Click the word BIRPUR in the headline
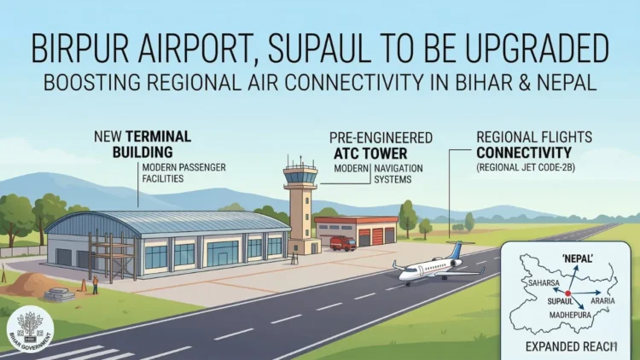coord(82,48)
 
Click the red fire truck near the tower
coord(342,244)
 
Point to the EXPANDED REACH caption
coord(567,348)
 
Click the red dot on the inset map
coord(568,293)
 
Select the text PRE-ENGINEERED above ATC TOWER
coord(381,138)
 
